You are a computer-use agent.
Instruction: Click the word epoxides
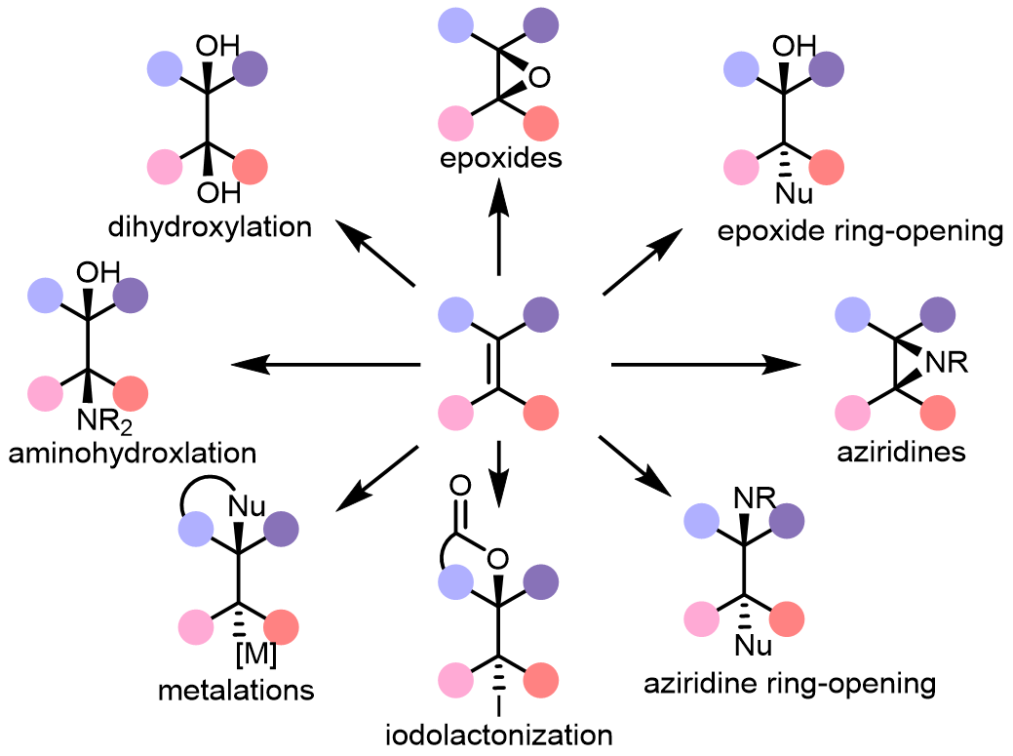click(x=501, y=159)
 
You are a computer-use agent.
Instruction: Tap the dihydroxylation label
click(x=210, y=227)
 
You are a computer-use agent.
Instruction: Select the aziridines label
click(x=901, y=452)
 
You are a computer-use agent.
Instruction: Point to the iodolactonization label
click(x=499, y=735)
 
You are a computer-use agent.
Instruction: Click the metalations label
click(x=236, y=691)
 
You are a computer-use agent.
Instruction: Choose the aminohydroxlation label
click(x=133, y=453)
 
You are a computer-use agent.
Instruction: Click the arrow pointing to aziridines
click(x=706, y=365)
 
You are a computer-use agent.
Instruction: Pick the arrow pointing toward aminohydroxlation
click(x=326, y=365)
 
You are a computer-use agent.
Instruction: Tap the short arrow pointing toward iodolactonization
click(x=499, y=474)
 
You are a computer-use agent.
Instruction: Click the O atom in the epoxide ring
click(x=539, y=77)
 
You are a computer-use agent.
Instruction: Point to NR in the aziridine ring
click(x=947, y=363)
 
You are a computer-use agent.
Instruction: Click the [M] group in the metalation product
click(x=255, y=655)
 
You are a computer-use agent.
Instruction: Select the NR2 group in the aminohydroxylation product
click(x=104, y=421)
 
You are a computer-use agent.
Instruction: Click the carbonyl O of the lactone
click(x=460, y=485)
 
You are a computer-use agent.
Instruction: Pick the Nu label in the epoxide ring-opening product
click(x=794, y=194)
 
